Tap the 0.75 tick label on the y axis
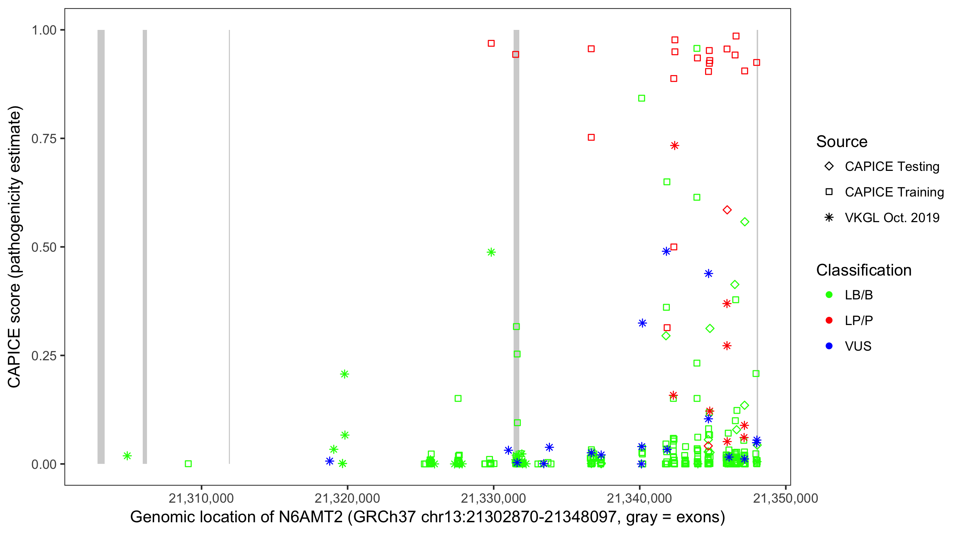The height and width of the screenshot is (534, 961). coord(43,139)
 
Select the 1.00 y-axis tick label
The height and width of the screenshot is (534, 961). coord(43,30)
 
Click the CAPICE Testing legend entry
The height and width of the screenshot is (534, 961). coord(892,167)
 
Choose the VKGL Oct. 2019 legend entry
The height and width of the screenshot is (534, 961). coord(892,218)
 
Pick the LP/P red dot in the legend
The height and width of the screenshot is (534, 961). coord(829,320)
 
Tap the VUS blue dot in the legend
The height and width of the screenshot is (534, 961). coord(829,346)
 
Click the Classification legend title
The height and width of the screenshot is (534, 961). coord(863,270)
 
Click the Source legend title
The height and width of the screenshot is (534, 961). coord(842,142)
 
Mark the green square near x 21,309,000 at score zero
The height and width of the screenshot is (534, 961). coord(188,464)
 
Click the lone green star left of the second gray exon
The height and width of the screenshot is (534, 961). coord(127,456)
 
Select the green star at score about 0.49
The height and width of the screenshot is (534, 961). coord(491,252)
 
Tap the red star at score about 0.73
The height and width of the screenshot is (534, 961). coord(674,146)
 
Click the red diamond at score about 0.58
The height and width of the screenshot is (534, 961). coord(727,210)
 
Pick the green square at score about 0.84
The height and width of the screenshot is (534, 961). coord(641,98)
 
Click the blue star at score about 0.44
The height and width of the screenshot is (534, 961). coord(708,273)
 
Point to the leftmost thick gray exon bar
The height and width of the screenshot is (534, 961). coord(101,246)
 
